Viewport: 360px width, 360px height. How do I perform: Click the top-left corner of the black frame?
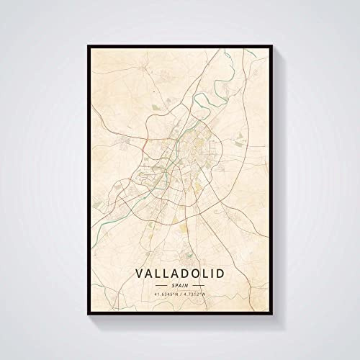(x=87, y=45)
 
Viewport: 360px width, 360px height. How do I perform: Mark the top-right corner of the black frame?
(x=273, y=45)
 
